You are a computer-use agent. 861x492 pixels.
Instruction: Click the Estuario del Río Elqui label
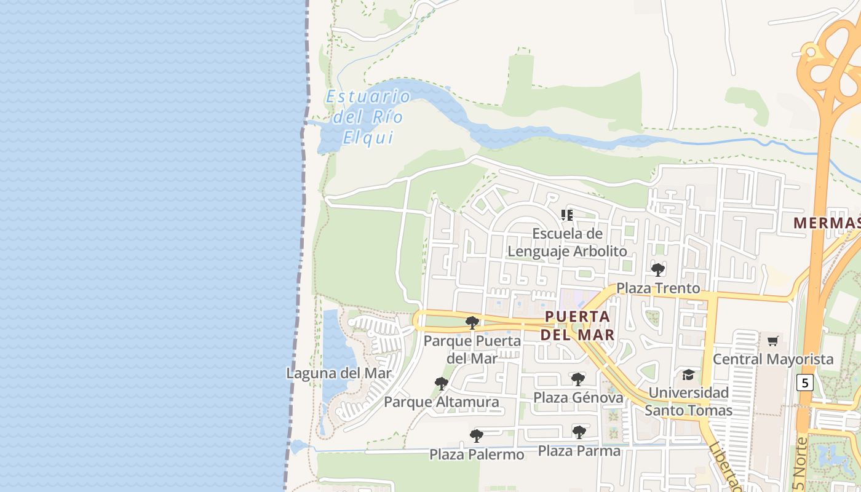(x=368, y=117)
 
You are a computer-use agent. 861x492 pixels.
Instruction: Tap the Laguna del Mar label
(x=339, y=373)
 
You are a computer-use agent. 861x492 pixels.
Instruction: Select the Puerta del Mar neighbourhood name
(x=577, y=325)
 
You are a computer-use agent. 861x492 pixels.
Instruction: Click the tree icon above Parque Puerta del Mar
(x=472, y=323)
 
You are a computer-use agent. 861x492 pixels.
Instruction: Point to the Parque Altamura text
(x=442, y=402)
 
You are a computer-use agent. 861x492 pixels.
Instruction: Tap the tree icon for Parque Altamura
(x=441, y=384)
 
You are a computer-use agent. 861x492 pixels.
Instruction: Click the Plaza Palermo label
(x=477, y=454)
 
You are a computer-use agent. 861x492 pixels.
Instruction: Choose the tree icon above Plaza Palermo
(x=475, y=436)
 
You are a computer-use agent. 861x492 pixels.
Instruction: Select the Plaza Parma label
(x=579, y=451)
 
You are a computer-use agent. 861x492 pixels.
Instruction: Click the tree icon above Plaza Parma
(x=579, y=432)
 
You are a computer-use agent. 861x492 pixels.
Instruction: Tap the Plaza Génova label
(x=578, y=397)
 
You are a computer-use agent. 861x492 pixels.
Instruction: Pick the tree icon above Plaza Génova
(x=577, y=379)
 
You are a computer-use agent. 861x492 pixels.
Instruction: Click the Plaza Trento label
(x=658, y=288)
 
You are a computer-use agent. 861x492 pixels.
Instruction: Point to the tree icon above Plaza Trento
(x=658, y=269)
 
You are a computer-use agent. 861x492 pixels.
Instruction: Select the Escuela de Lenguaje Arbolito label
(x=567, y=242)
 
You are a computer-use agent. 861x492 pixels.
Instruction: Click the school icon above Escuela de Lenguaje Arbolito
(x=567, y=215)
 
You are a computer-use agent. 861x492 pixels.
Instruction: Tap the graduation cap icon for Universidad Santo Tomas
(x=689, y=375)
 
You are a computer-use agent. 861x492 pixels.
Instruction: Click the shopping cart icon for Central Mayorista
(x=773, y=341)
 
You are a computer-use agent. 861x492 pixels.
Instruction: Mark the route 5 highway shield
(x=804, y=383)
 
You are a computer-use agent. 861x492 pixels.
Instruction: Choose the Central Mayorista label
(x=773, y=359)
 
